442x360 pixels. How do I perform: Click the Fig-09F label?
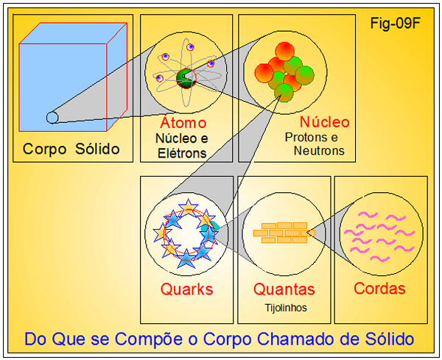[396, 23]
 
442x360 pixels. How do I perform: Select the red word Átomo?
[183, 123]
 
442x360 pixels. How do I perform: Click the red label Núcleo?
[324, 122]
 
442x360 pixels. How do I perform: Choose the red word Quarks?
[187, 289]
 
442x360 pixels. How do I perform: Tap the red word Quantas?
[284, 289]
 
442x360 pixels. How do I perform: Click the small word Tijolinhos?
[284, 307]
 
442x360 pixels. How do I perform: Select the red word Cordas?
[380, 289]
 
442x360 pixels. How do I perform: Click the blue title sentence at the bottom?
[219, 339]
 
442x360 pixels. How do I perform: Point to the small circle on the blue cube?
[52, 116]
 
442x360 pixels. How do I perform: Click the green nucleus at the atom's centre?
[184, 74]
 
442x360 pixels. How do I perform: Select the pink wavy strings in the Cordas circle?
[380, 231]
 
